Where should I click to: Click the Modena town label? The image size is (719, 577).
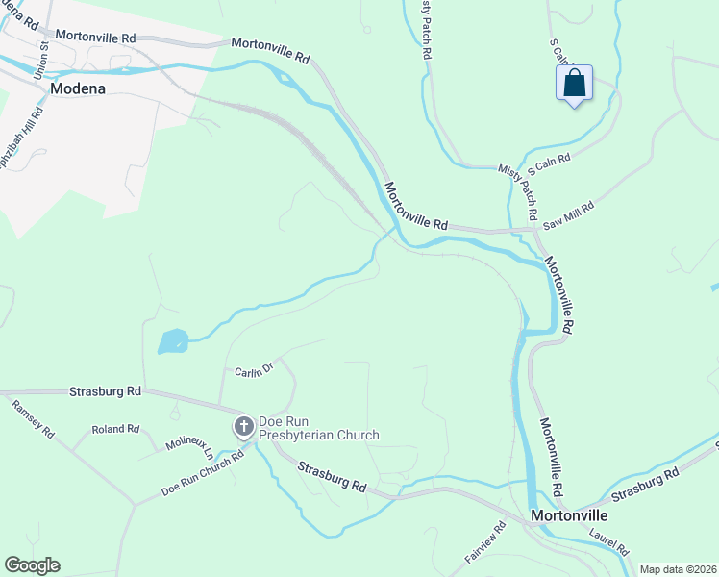[77, 88]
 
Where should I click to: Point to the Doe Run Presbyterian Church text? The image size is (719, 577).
[319, 428]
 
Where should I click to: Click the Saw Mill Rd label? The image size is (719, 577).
[569, 213]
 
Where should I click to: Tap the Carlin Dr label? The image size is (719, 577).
[255, 371]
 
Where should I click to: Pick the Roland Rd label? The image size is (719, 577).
[115, 429]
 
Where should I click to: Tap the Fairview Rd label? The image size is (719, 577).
[485, 542]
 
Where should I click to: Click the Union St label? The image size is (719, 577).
[40, 60]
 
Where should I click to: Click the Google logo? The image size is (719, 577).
[32, 565]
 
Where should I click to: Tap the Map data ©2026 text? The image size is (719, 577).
[678, 569]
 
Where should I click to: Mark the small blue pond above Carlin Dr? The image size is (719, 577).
[172, 341]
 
